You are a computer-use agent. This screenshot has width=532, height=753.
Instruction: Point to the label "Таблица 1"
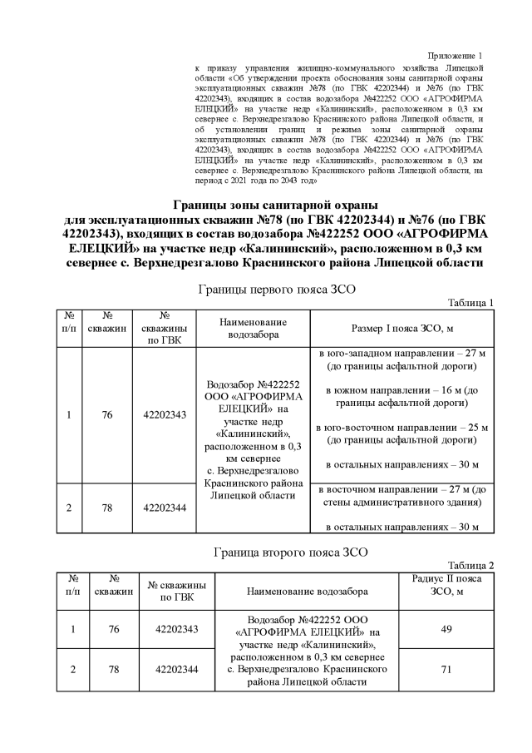(471, 302)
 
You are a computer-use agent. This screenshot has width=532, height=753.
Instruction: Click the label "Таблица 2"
(471, 564)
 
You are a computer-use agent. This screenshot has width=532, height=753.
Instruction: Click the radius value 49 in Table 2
(446, 629)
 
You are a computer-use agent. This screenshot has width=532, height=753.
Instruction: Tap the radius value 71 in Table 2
(446, 669)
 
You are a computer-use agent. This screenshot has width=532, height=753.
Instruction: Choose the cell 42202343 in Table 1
(165, 414)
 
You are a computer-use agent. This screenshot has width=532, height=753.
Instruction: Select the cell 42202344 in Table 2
(177, 669)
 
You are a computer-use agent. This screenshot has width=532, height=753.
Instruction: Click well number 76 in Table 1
(107, 414)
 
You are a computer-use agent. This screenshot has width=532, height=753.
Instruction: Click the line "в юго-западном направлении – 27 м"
(401, 354)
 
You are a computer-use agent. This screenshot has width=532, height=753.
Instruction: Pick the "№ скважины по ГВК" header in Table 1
(165, 329)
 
